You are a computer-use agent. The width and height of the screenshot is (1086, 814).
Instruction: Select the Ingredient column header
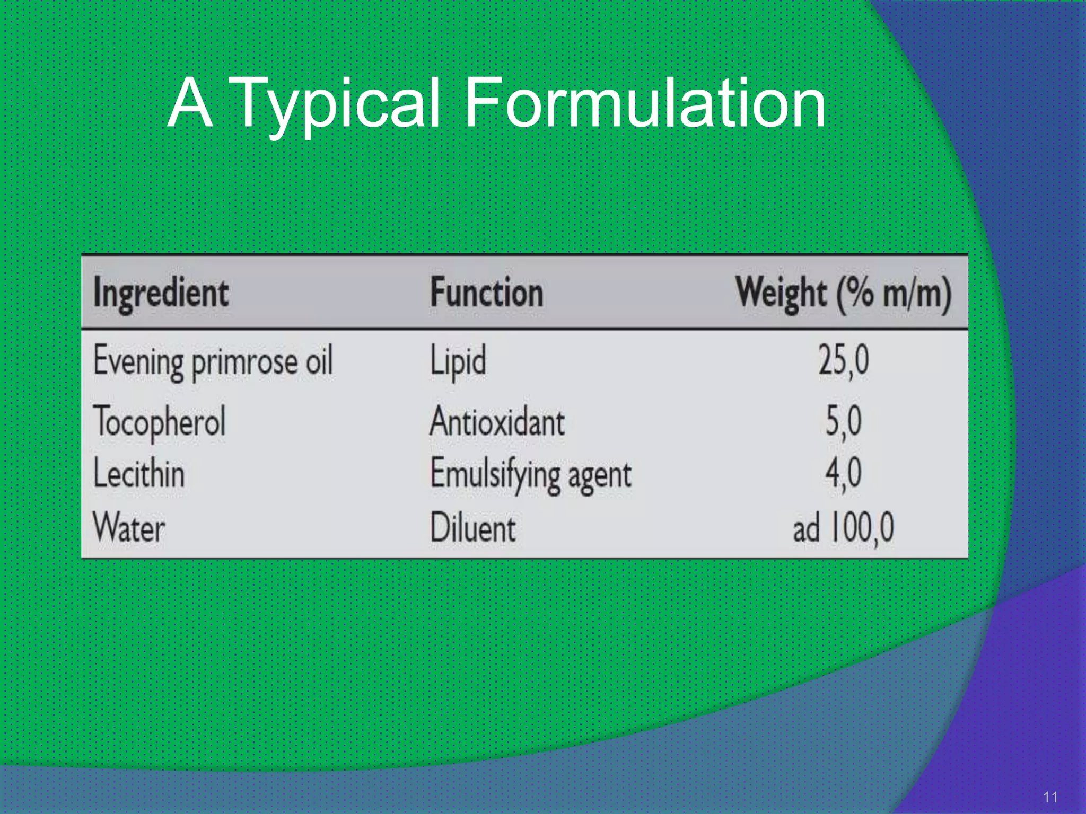click(161, 293)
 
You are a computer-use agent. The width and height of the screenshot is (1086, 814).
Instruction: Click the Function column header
click(487, 293)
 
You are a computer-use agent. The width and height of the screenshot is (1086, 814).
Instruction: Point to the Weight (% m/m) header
click(843, 293)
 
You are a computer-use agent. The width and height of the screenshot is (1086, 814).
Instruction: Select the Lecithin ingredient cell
click(139, 473)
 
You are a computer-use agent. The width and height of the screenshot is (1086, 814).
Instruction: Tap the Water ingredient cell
click(129, 527)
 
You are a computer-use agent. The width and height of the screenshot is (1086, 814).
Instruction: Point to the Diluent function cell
click(472, 528)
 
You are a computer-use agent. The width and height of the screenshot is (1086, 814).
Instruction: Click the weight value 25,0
click(843, 361)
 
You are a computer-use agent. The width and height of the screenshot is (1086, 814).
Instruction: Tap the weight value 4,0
click(843, 473)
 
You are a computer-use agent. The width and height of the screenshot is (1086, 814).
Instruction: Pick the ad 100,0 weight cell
click(843, 528)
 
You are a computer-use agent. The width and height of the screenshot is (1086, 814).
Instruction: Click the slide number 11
click(1050, 797)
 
